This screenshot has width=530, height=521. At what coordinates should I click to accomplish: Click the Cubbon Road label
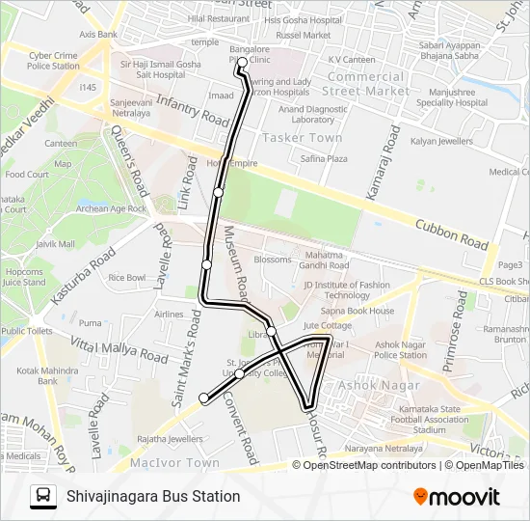point(450,234)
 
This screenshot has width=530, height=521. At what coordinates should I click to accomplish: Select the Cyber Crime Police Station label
point(54,61)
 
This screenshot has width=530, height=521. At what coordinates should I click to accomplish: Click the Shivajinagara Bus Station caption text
point(153,496)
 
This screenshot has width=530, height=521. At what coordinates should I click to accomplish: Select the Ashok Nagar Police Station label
point(400,349)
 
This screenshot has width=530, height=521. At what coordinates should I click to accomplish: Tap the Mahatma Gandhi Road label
point(323,260)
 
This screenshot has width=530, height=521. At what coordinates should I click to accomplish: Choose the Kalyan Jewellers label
point(442,142)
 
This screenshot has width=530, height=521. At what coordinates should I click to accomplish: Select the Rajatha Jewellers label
point(170,439)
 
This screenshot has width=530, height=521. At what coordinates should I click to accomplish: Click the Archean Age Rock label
point(111,208)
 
